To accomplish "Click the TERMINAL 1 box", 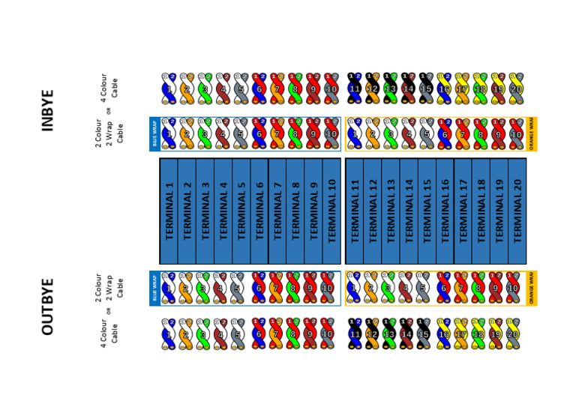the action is [169, 211].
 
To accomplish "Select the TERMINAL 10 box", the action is [331, 211].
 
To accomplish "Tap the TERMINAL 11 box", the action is [355, 211].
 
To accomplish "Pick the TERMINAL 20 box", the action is [517, 211].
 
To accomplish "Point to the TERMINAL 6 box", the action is [259, 211].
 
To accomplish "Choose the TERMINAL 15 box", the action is [427, 211].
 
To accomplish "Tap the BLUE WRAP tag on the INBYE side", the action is [154, 134].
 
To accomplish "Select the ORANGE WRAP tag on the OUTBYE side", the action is [531, 289].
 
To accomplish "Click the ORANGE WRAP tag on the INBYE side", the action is [531, 134].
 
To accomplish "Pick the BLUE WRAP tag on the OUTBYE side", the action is [154, 289].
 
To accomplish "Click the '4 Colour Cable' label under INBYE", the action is [109, 88].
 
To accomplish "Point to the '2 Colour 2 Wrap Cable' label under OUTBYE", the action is [109, 289].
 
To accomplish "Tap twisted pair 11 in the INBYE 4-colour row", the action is [355, 88].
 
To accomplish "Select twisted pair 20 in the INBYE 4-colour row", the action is [516, 88].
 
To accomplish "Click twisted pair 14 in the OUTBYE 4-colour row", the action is [409, 334].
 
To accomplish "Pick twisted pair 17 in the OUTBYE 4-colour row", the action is [462, 334].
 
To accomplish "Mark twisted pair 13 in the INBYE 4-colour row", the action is [391, 88].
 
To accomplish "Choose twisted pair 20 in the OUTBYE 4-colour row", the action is [516, 334].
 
